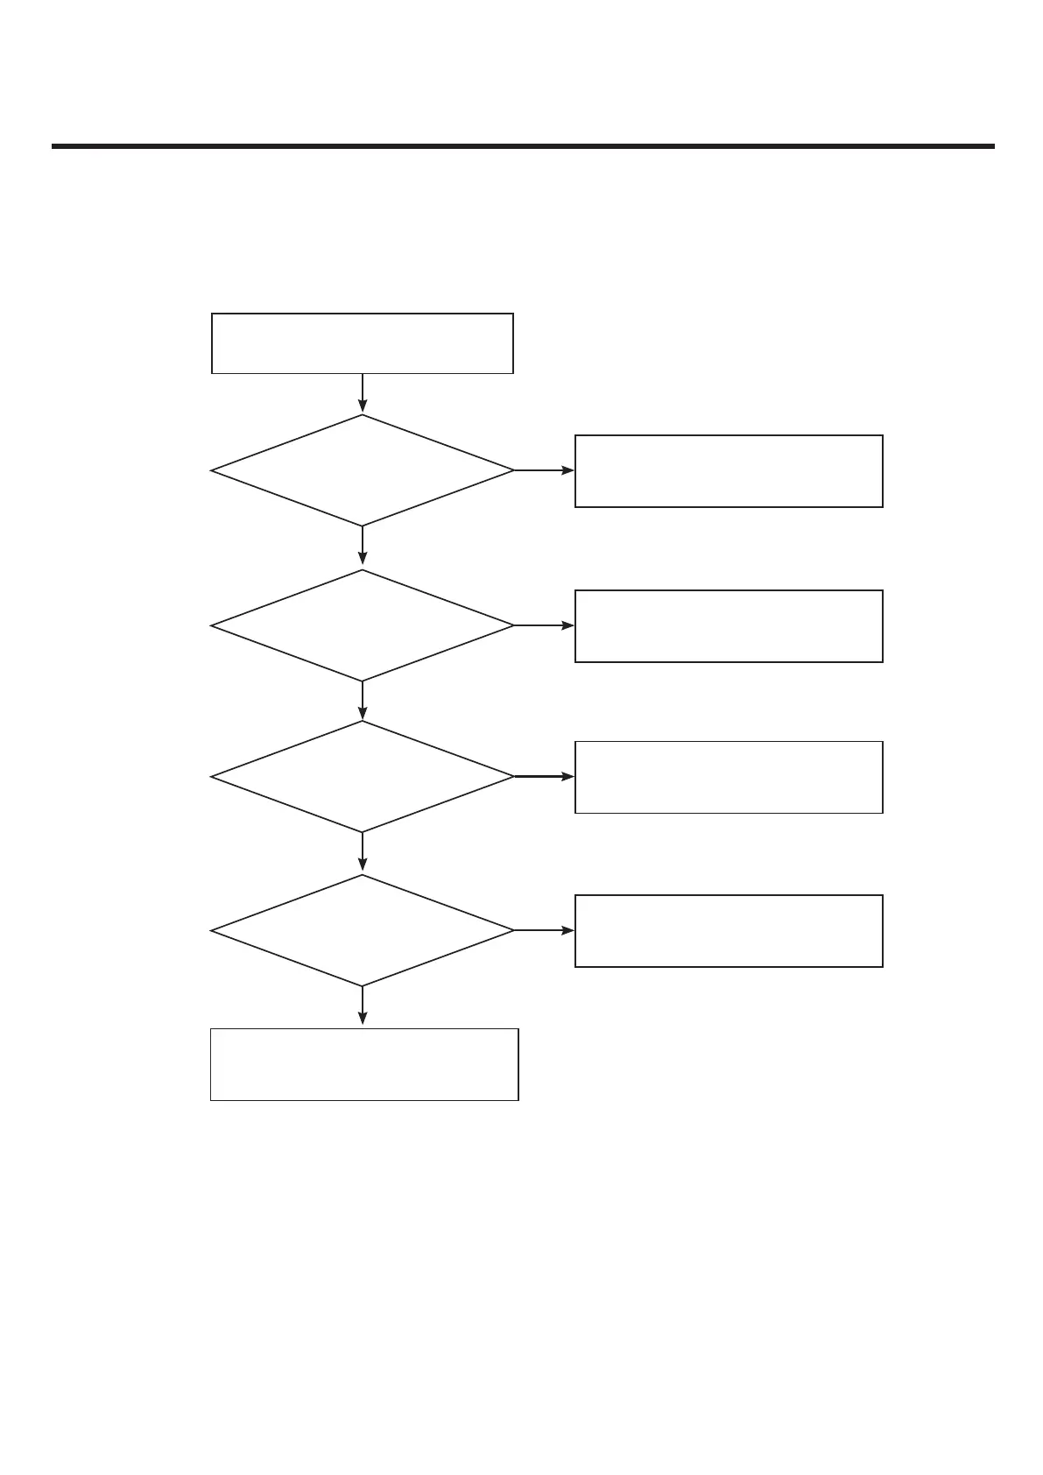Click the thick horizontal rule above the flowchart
pos(523,146)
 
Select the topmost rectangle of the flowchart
pos(362,343)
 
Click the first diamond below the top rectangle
pos(362,470)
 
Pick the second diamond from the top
pos(362,625)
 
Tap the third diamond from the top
pos(362,776)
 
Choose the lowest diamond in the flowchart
pos(362,930)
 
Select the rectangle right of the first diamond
pos(728,471)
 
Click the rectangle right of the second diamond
pos(728,626)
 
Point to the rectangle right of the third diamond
pos(728,777)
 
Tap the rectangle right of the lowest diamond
pos(728,931)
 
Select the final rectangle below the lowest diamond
pos(364,1064)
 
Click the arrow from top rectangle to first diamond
pos(362,393)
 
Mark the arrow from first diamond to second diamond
pos(362,547)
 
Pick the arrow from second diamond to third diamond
pos(362,701)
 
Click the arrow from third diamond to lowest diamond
pos(362,852)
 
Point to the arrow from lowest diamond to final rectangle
pos(362,1006)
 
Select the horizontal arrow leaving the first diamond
pos(544,470)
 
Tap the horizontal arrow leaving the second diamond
pos(544,625)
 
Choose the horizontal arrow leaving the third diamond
pos(544,776)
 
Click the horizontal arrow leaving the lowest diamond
pos(544,930)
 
